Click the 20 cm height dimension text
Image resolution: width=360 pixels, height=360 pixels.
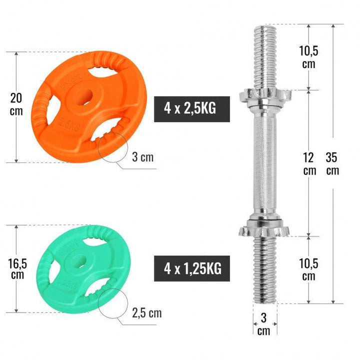[16, 103]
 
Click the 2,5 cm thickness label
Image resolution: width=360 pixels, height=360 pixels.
[146, 313]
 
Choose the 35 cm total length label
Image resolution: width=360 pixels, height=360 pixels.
[332, 163]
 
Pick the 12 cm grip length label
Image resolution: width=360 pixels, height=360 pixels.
[309, 163]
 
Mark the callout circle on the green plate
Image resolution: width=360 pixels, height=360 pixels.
[111, 303]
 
